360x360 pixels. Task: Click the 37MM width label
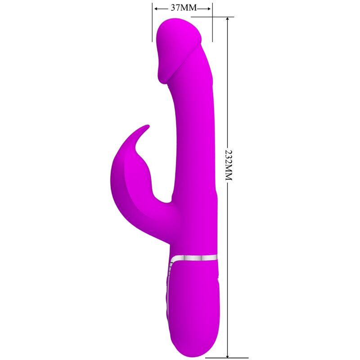coord(182,8)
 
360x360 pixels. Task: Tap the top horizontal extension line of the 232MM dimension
coord(220,17)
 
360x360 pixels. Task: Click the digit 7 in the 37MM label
coord(177,8)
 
